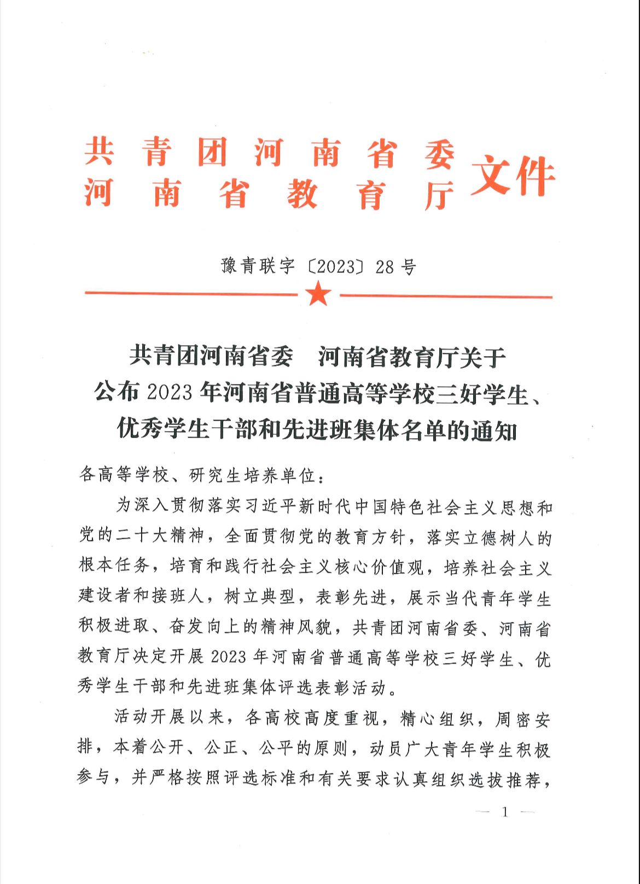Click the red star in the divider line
pos(319,295)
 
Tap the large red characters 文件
pos(513,176)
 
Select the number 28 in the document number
pos(385,267)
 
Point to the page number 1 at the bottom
pos(505,812)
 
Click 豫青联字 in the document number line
pos(258,266)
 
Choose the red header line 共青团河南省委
pos(270,153)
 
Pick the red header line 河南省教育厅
pos(270,194)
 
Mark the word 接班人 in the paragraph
pos(178,597)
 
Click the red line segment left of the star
pos(191,294)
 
